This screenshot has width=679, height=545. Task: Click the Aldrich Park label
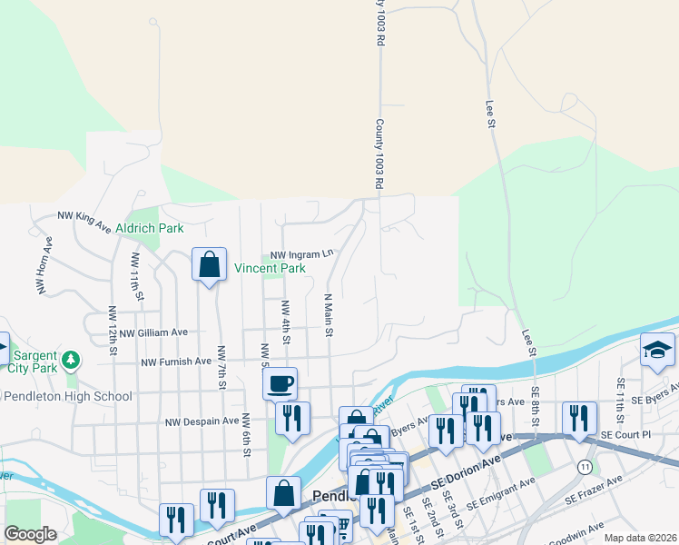pos(149,228)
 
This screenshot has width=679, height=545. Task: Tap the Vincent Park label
pos(270,268)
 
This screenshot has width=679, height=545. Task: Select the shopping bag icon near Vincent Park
pos(210,265)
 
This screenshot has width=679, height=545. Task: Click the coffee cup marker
pos(280,382)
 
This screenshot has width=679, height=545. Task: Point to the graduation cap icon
pos(658,350)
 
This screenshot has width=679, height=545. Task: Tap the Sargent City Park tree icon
pos(71,361)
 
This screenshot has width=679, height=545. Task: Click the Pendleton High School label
pos(68,396)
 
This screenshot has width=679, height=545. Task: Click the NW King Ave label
pos(84,218)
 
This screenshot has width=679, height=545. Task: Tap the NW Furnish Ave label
pos(176,362)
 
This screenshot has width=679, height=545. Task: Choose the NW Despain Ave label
pos(201,421)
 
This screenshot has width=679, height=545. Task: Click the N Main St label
pos(330,314)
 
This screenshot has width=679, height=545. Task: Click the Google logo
pos(30,534)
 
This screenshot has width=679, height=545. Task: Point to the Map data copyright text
pos(639,538)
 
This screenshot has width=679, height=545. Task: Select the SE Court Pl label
pos(627,435)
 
